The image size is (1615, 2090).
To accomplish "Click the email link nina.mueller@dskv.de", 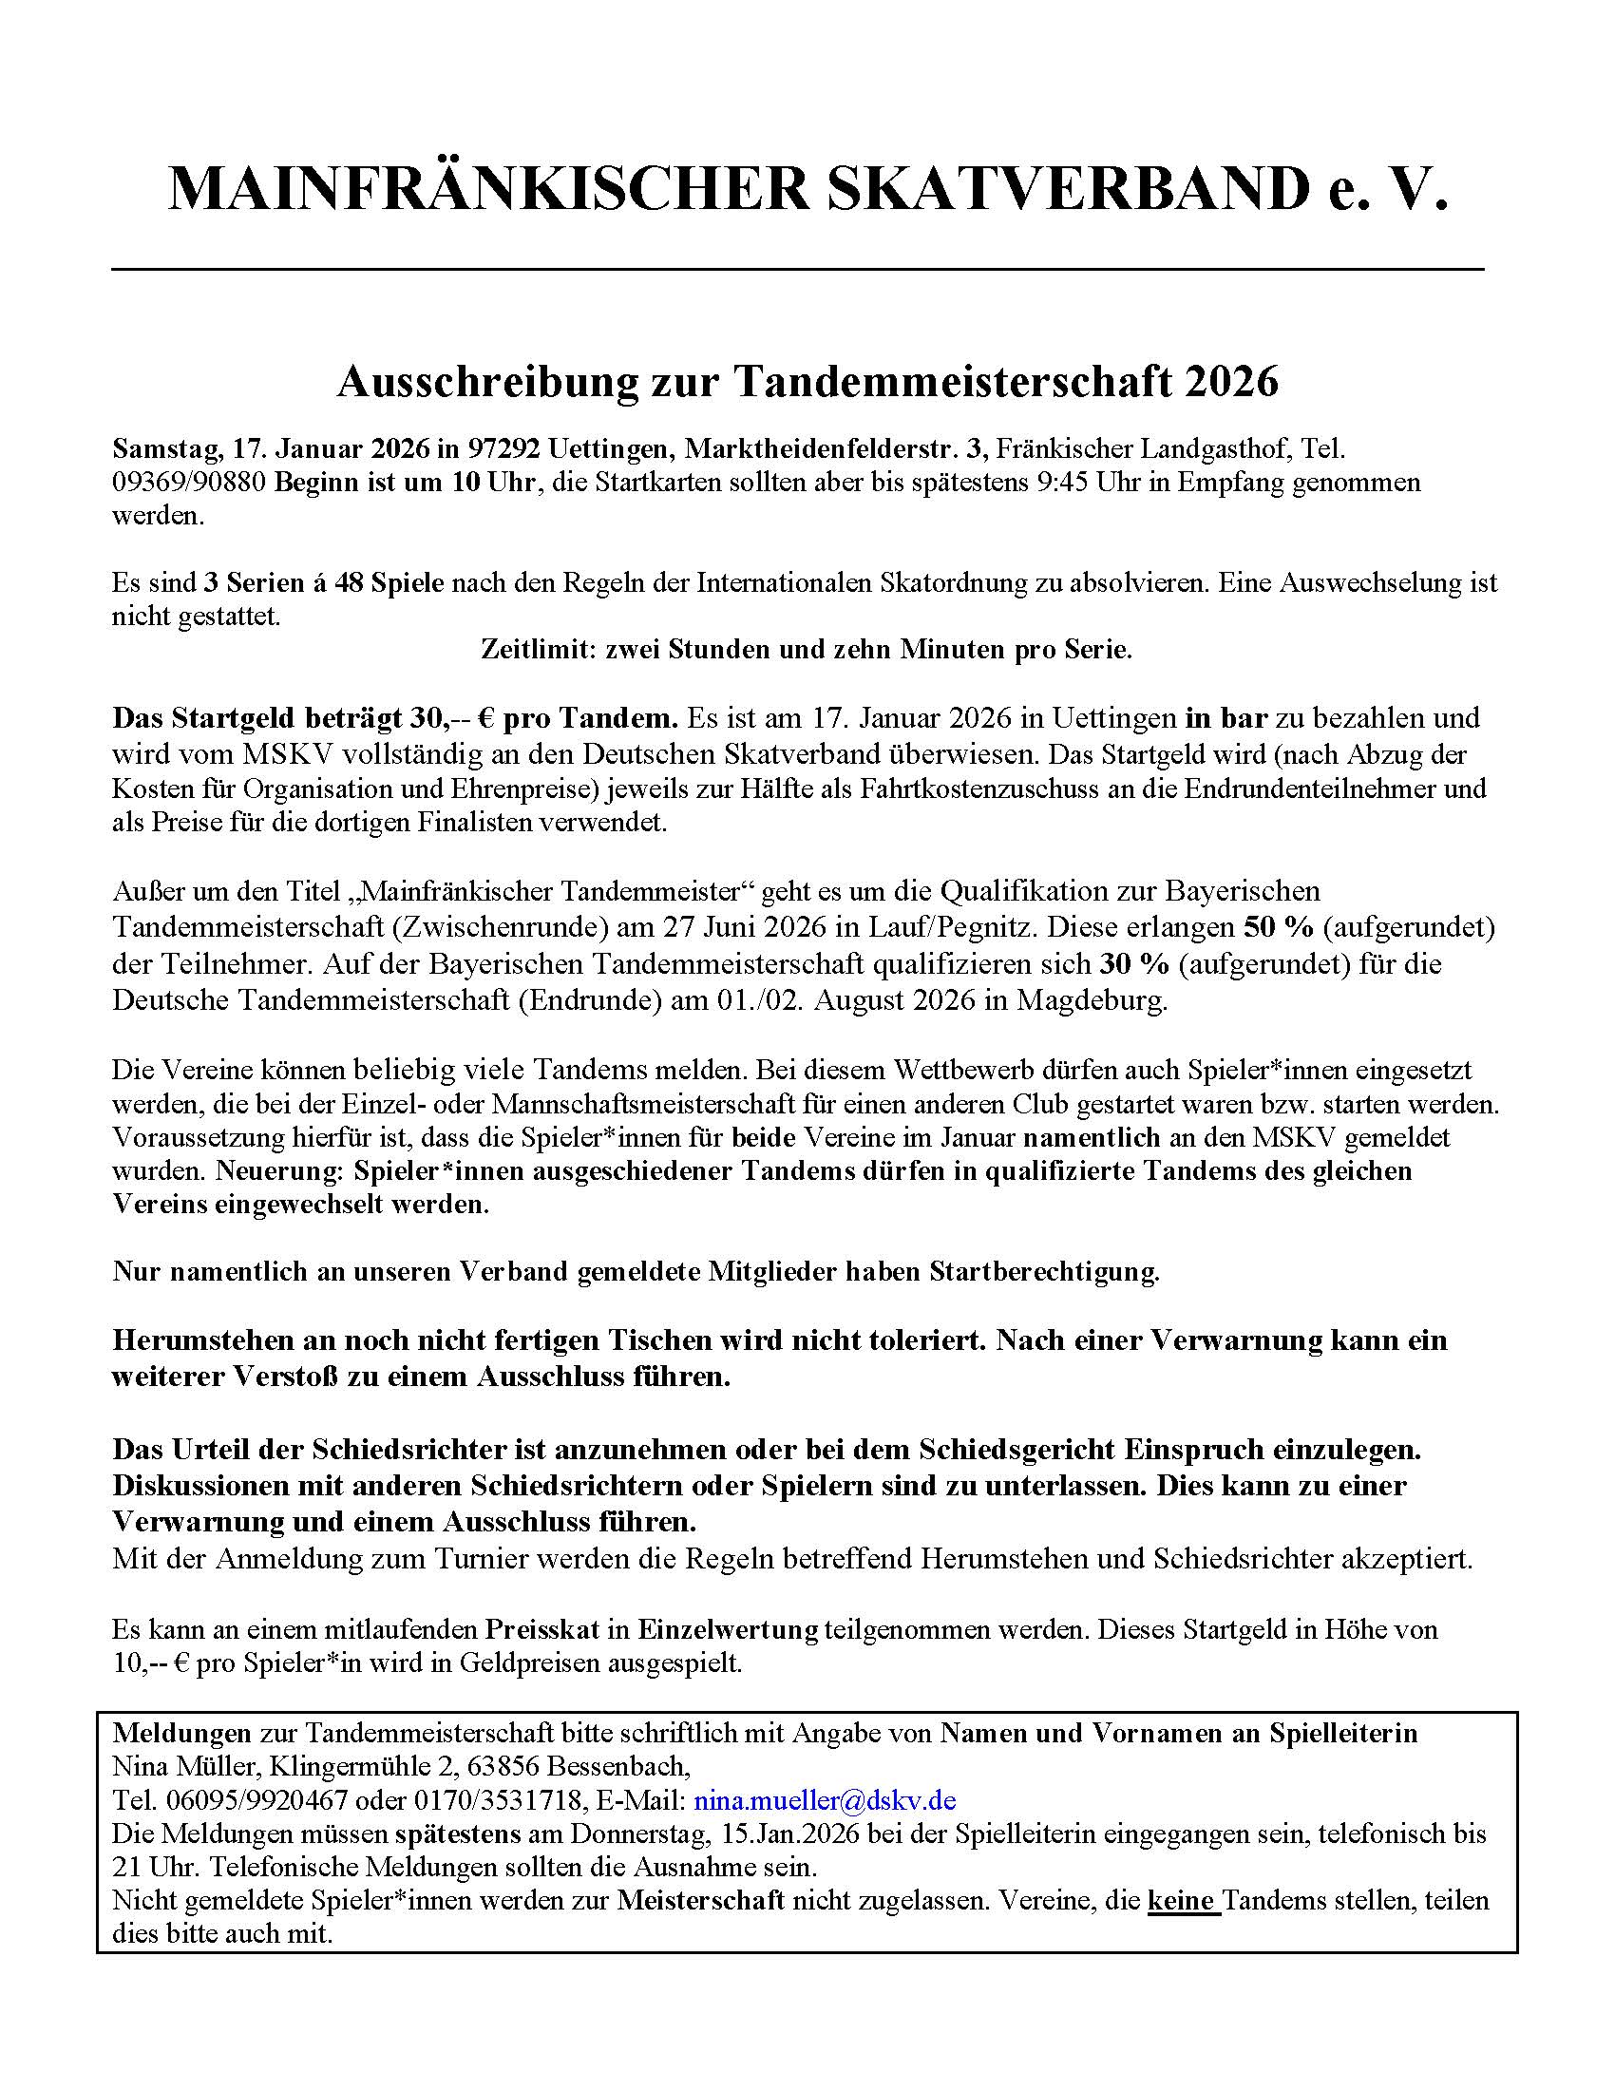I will tap(825, 1800).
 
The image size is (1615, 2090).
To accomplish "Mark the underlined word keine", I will tap(1181, 1900).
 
